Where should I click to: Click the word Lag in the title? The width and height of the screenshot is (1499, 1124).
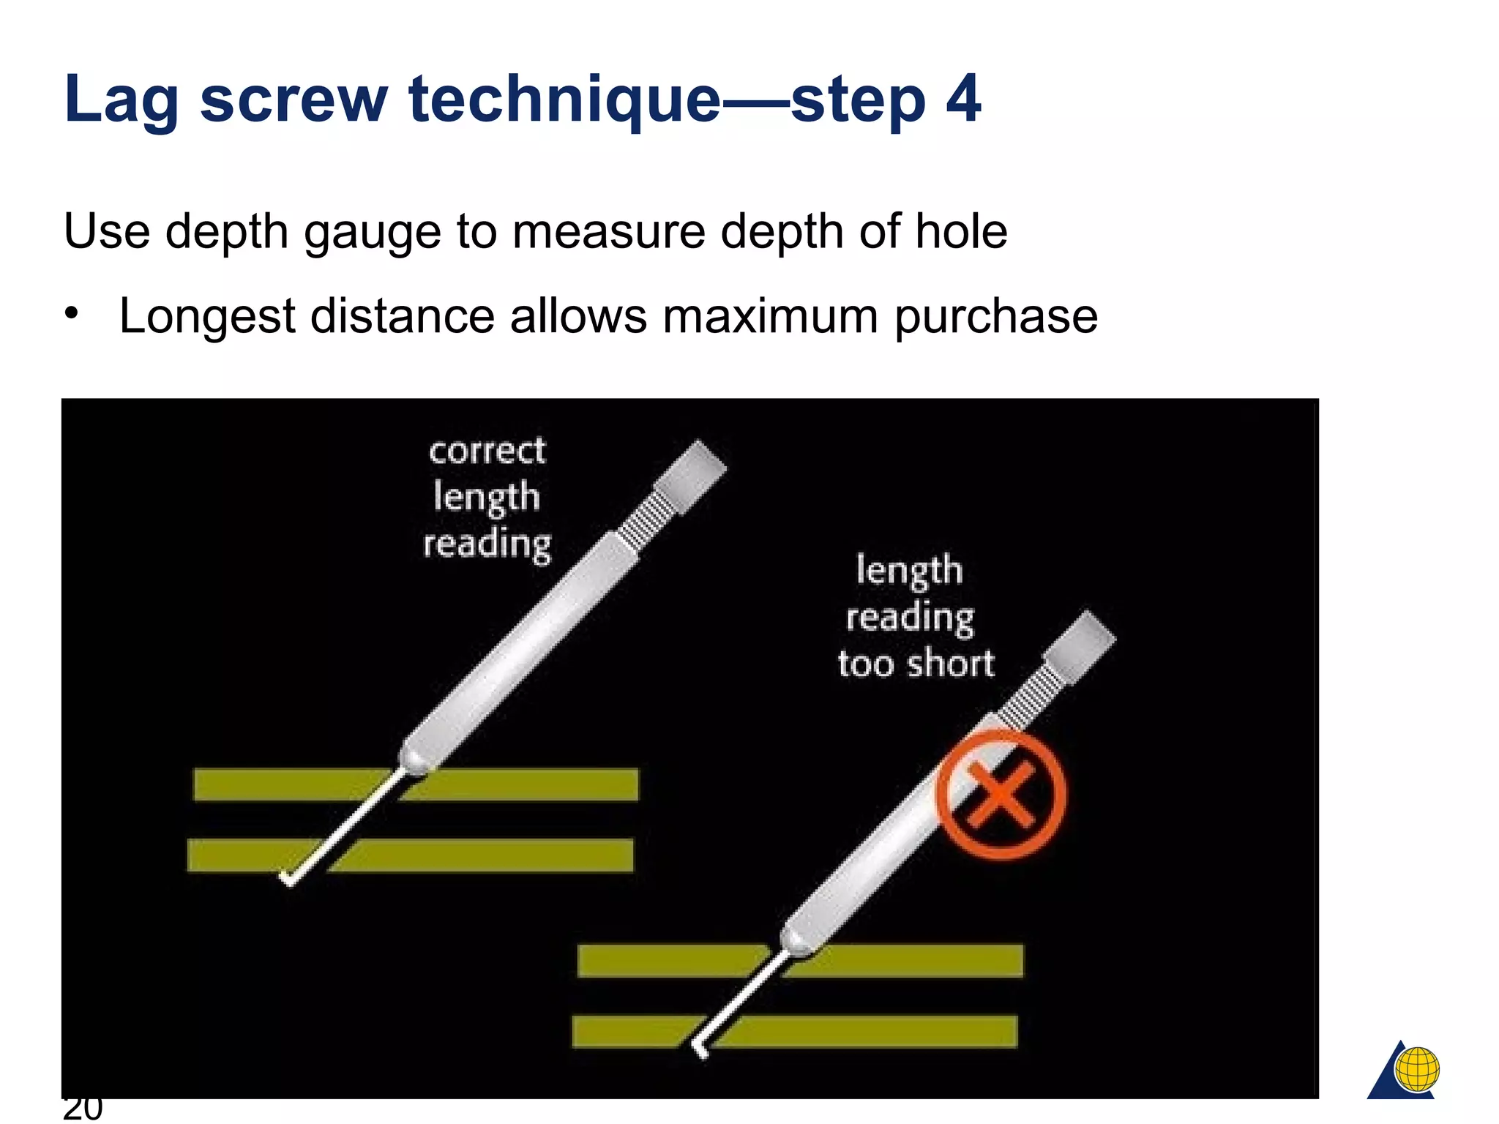coord(121,100)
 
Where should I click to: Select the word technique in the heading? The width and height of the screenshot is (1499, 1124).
coord(564,100)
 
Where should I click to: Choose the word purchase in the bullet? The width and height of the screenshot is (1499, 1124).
coord(995,317)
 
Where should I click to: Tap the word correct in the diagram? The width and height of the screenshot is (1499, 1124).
coord(487,451)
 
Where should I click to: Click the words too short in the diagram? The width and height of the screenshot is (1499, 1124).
coord(916,664)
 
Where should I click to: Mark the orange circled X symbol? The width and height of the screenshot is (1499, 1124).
coord(1000,795)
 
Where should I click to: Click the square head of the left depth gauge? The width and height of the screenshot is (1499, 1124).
coord(690,476)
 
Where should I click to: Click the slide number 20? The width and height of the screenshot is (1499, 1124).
coord(82,1108)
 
